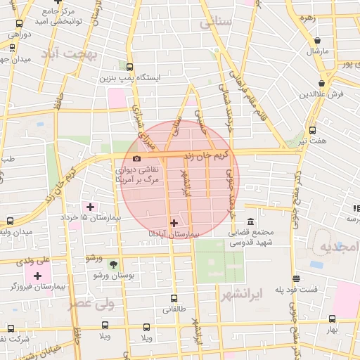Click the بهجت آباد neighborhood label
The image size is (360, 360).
tap(67, 53)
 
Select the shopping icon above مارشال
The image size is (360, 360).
tap(319, 41)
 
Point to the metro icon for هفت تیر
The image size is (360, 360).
tap(312, 130)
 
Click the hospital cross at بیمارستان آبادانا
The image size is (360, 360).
tap(174, 223)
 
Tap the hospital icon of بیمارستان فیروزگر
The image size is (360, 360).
tap(37, 275)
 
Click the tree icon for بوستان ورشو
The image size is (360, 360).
tap(114, 264)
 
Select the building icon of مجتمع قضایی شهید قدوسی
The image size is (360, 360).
tap(250, 211)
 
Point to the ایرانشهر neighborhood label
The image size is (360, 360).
tap(241, 291)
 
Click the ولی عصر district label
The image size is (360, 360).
tap(91, 304)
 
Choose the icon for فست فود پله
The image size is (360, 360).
tap(296, 278)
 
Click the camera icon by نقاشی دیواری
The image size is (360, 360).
tap(136, 158)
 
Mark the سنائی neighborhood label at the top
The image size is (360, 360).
tap(215, 23)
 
